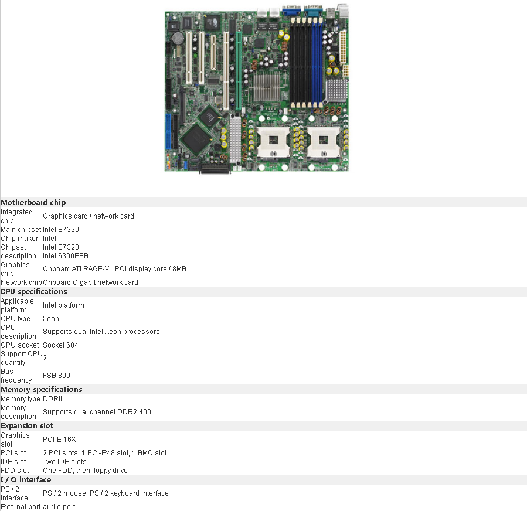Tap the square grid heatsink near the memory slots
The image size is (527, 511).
[336, 89]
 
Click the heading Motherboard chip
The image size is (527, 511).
[33, 203]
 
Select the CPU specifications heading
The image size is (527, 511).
[34, 292]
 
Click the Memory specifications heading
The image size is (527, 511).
[42, 390]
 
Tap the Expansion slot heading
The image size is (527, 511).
[27, 426]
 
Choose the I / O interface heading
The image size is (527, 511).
[26, 480]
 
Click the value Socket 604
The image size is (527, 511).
[60, 345]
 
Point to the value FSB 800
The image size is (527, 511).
[56, 376]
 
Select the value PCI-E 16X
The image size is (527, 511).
[59, 440]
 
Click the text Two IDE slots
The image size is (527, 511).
[64, 462]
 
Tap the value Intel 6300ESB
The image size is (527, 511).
[66, 256]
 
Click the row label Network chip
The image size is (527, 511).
[21, 282]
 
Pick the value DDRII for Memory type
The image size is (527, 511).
[52, 399]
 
